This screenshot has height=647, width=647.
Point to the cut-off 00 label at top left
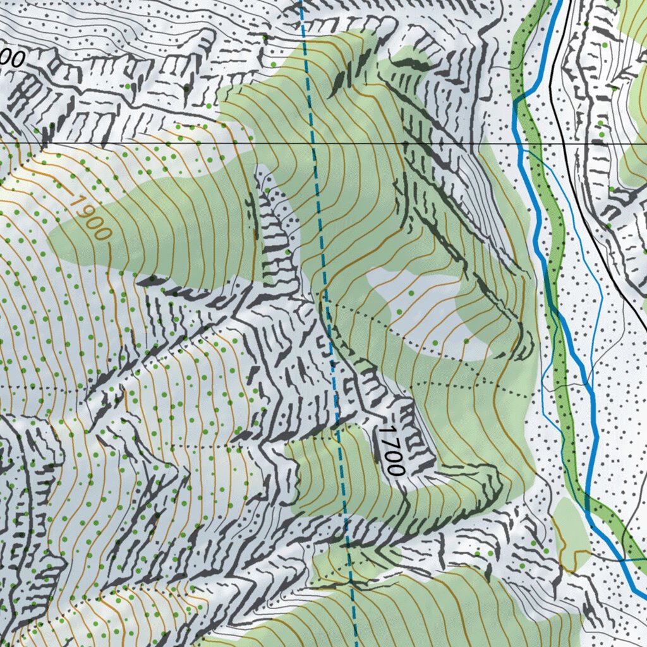[x=13, y=59]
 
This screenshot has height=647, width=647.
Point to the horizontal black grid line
[x=158, y=143]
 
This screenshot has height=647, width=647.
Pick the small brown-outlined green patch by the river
[x=571, y=531]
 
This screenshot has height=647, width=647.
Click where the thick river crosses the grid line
[x=520, y=144]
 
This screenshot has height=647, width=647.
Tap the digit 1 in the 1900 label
[x=78, y=203]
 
